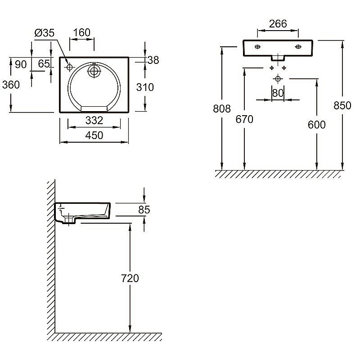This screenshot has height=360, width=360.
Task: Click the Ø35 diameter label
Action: click(44, 33)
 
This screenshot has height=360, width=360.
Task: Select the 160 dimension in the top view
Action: click(82, 32)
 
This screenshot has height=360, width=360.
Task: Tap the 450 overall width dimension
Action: click(94, 135)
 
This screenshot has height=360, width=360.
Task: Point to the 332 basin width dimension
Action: click(94, 121)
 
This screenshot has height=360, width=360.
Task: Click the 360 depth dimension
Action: click(11, 85)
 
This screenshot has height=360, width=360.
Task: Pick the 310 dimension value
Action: click(145, 87)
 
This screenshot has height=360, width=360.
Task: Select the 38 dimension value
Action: click(153, 60)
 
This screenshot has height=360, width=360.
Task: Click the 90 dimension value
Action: click(21, 64)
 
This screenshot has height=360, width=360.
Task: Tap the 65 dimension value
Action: click(44, 63)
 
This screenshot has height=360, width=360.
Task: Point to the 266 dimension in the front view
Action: click(278, 24)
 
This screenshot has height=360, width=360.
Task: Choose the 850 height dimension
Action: click(342, 105)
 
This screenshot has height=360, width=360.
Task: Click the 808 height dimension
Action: click(222, 108)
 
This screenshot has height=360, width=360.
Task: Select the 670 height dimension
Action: click(244, 119)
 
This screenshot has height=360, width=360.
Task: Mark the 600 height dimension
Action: click(317, 125)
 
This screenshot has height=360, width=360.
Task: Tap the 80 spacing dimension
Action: click(278, 93)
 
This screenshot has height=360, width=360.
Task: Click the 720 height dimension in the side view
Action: click(130, 278)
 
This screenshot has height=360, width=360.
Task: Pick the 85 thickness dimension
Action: click(144, 210)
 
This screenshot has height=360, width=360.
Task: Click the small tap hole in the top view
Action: click(69, 67)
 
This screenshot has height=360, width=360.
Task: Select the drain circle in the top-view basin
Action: click(94, 71)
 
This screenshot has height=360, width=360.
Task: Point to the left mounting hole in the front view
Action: click(257, 47)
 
